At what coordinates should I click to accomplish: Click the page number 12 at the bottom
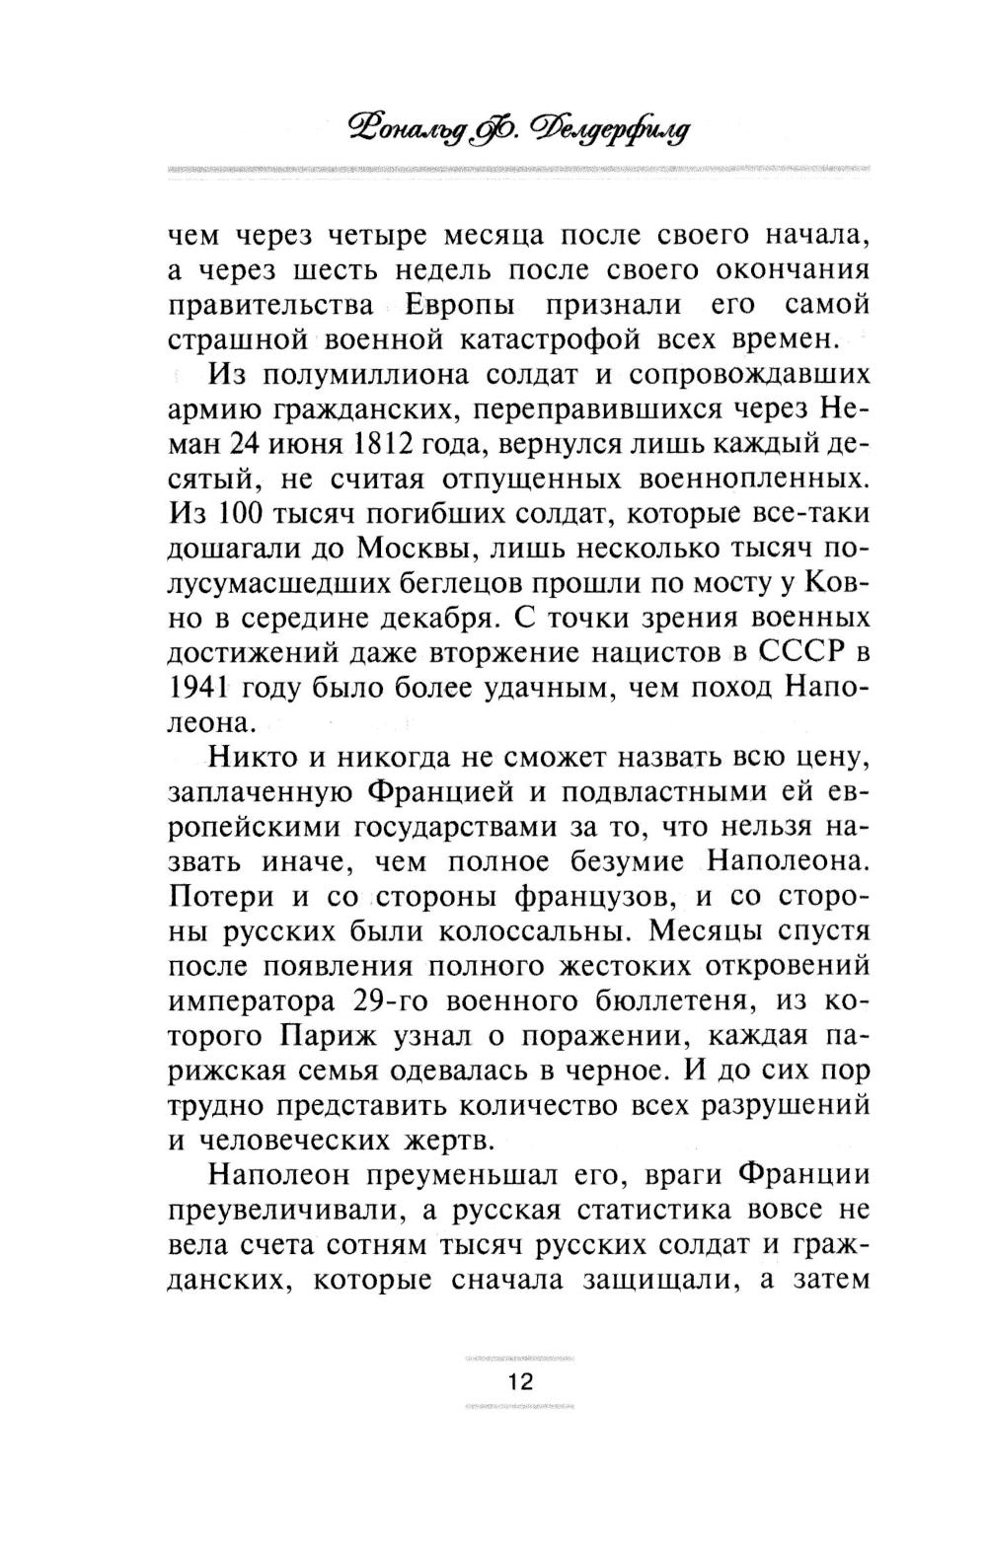(x=520, y=1381)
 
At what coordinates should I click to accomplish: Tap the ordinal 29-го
(x=387, y=999)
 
